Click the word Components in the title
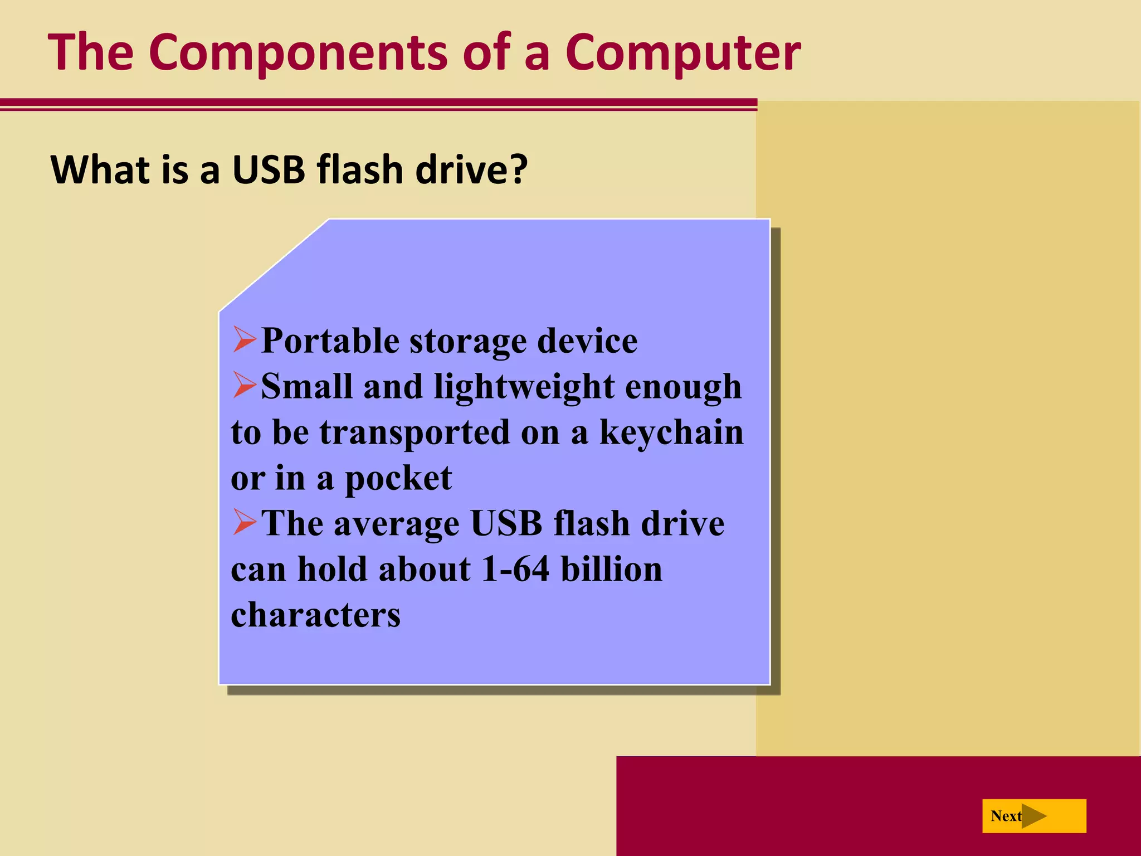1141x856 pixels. coord(298,53)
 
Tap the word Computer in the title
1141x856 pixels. coord(682,53)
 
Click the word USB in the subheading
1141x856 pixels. coord(269,169)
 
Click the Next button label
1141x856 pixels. coord(1006,816)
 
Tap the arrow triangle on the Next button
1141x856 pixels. coord(1033,816)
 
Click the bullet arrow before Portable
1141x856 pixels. coord(245,339)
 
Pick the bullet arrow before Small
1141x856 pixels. coord(245,385)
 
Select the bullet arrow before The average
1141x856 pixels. coord(245,522)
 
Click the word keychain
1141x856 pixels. coord(671,433)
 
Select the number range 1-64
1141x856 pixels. coord(515,570)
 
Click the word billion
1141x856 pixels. coord(611,570)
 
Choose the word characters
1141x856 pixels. coord(315,615)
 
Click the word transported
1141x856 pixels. coord(415,433)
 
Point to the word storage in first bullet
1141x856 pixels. coord(468,341)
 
